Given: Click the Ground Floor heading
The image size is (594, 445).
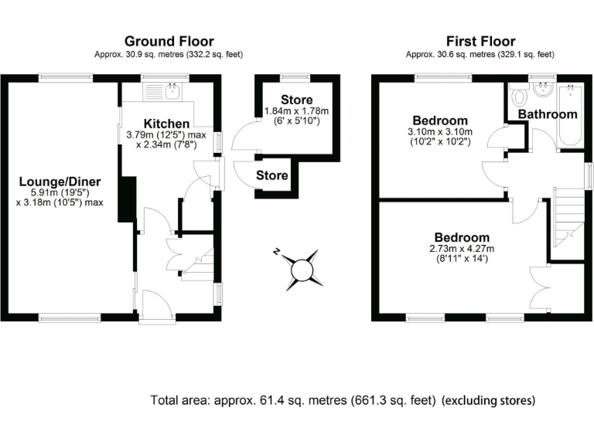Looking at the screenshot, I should pos(169,41).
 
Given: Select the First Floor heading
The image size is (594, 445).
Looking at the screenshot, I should pos(480,41).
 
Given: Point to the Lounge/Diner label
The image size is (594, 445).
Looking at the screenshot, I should pos(60,182).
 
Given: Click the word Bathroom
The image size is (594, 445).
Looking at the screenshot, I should pos(548,114).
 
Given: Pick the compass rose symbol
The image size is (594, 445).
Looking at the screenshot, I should pos(301,268).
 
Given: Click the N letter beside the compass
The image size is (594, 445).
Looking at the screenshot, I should pos(276,251).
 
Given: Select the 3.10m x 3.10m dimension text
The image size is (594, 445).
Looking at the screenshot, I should pos(440,132).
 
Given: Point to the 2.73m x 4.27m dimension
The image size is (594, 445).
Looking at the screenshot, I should pos(462,248).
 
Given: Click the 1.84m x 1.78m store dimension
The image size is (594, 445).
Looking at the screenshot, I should pos(297,111).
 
